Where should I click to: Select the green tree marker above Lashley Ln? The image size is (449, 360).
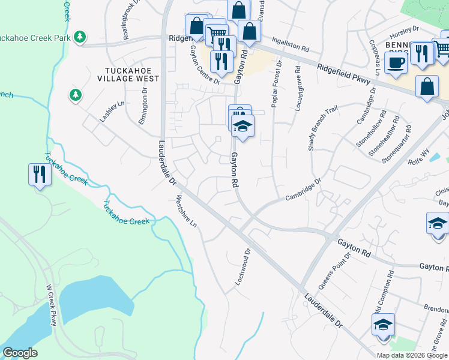coord(75,95)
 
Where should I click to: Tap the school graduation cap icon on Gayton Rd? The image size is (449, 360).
coord(243,126)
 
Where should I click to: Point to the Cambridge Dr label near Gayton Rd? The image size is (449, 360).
coord(304,188)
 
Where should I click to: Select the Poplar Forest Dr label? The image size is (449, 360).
coord(277,83)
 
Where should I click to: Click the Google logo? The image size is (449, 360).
coord(20,353)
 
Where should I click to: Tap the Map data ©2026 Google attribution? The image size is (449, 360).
coord(411,355)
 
